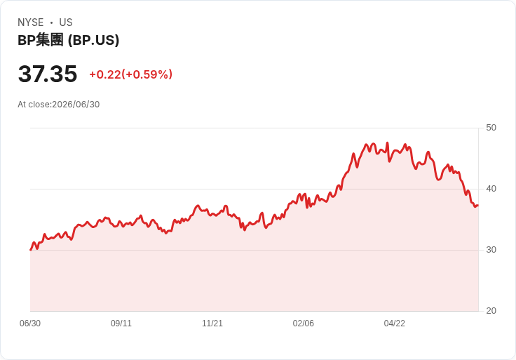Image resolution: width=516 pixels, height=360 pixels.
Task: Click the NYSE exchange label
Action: tap(31, 22)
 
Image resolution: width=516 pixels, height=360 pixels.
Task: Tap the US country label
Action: tap(66, 22)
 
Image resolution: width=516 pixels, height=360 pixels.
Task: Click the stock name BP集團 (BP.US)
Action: tap(69, 40)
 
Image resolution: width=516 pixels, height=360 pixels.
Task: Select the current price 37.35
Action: tap(48, 74)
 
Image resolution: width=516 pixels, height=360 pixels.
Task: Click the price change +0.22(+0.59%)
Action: tap(131, 74)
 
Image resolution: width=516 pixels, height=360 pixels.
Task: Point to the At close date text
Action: tap(59, 105)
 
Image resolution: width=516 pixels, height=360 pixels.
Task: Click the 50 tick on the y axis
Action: tap(491, 128)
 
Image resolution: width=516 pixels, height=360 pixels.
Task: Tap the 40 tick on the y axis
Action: tap(491, 189)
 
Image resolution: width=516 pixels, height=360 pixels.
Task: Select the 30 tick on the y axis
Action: tap(491, 250)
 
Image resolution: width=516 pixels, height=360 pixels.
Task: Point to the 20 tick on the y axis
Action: tap(491, 311)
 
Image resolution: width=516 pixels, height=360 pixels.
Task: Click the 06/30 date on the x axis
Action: tap(30, 324)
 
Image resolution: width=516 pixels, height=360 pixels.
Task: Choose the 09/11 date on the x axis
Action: tap(121, 324)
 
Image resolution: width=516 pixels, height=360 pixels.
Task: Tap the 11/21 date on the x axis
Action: tap(212, 324)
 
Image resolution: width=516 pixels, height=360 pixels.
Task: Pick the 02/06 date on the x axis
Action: tap(303, 324)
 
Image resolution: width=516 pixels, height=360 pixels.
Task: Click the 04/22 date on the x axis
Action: tap(394, 324)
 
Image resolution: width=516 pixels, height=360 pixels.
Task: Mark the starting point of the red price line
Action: tap(31, 250)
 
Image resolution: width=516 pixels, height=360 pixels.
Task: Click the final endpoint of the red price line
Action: tap(478, 205)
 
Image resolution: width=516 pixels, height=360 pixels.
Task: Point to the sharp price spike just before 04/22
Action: tap(387, 143)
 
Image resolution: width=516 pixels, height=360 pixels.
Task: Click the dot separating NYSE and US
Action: tap(51, 22)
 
